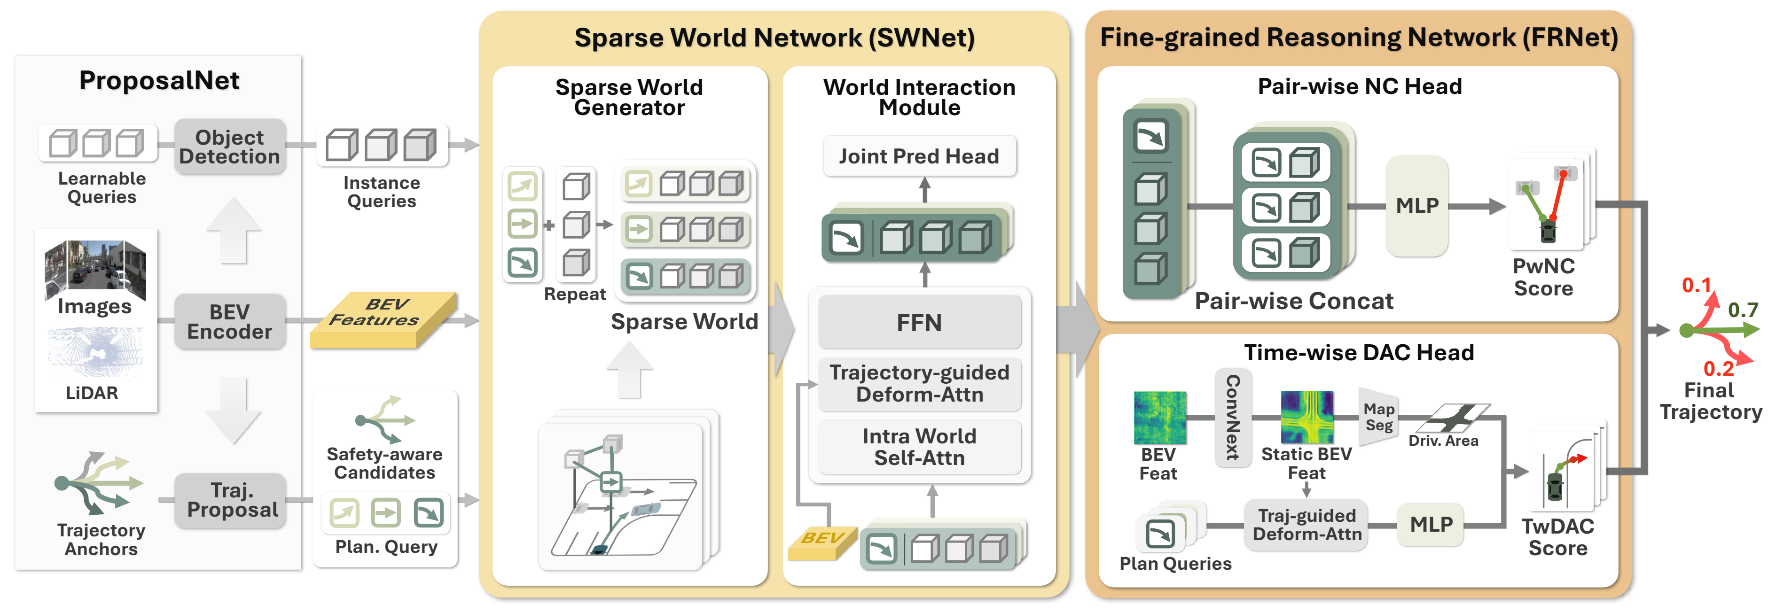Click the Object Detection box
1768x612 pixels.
tap(229, 146)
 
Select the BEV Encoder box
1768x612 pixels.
tap(229, 321)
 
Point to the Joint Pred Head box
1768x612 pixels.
tap(918, 156)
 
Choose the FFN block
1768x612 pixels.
tap(919, 323)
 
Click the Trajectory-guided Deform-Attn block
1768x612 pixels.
tap(919, 383)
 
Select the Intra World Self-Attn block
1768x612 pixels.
tap(919, 447)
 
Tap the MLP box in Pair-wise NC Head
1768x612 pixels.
tap(1416, 205)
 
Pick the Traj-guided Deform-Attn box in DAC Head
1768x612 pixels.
tap(1306, 525)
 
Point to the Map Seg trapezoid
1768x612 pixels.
tap(1378, 417)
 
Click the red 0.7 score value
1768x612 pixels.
tap(1742, 310)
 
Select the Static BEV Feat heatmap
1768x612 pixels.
tap(1307, 417)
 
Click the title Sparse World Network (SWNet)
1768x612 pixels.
tap(774, 38)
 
